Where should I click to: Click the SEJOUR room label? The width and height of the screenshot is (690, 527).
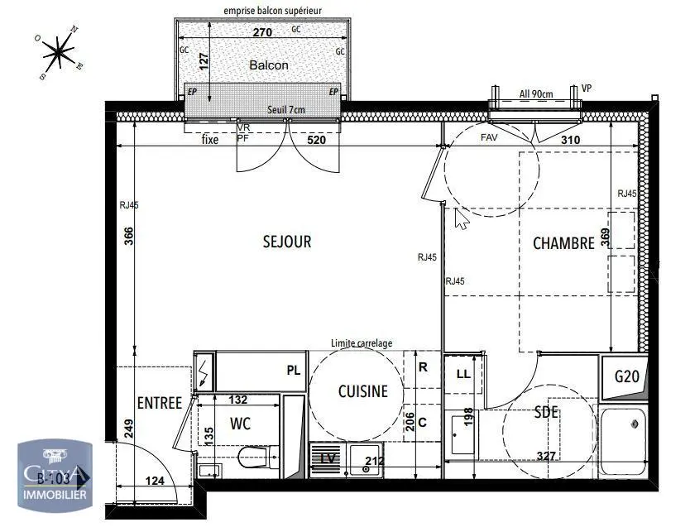click(287, 242)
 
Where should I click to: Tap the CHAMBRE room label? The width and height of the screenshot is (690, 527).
click(563, 243)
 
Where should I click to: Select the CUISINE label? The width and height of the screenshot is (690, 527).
click(362, 392)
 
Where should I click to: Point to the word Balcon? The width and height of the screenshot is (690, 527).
click(269, 65)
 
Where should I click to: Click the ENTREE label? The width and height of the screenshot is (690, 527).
click(159, 403)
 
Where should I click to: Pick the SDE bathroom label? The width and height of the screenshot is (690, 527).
click(546, 412)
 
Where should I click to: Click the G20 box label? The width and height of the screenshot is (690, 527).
click(626, 377)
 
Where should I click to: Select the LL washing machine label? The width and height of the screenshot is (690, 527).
click(463, 375)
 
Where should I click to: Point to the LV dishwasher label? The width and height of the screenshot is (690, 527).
click(327, 458)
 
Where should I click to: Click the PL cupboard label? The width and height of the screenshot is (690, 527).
click(293, 370)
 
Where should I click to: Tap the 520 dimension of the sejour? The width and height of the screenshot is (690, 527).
click(316, 140)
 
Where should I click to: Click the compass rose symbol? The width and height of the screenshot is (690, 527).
click(58, 52)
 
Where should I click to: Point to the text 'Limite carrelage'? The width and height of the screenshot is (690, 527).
click(362, 343)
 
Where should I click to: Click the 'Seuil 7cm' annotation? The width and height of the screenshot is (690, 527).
click(285, 110)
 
